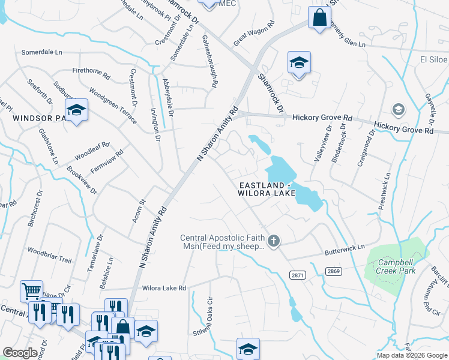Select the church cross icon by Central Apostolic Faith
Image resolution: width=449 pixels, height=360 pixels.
(273, 241)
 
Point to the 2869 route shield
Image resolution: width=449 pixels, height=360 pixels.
(334, 272)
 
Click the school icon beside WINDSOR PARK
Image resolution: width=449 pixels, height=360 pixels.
(76, 110)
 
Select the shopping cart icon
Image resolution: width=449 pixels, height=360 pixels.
(31, 291)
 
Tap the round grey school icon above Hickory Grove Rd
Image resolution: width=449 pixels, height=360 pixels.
(397, 109)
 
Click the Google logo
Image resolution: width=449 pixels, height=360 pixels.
(20, 353)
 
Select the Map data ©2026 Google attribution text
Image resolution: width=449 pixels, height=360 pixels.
(412, 355)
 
